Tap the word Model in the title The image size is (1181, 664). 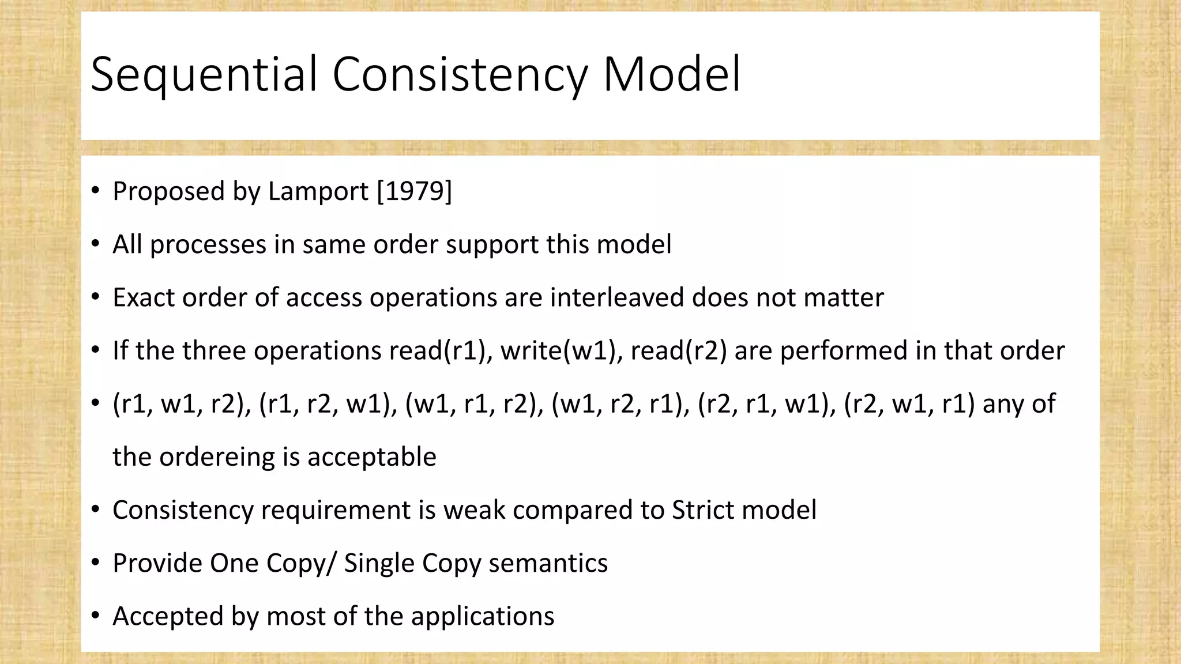671,74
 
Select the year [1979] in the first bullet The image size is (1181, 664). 414,191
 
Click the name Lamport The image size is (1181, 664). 318,191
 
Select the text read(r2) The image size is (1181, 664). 679,350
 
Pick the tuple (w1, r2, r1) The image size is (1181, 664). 620,403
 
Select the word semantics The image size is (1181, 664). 548,563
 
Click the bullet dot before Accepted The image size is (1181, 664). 96,616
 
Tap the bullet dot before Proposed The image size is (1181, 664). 96,191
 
